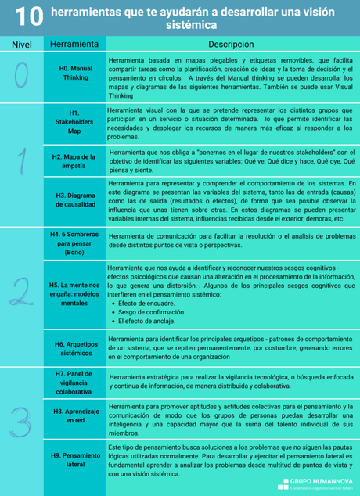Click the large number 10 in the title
pyautogui.click(x=27, y=16)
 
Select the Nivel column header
pyautogui.click(x=21, y=45)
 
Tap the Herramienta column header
pyautogui.click(x=74, y=45)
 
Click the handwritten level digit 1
pyautogui.click(x=23, y=160)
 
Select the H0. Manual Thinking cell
pyautogui.click(x=75, y=74)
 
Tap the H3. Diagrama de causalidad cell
pyautogui.click(x=75, y=199)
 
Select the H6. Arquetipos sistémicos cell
pyautogui.click(x=75, y=348)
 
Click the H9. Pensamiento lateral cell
pyautogui.click(x=75, y=459)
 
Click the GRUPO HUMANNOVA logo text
pyautogui.click(x=322, y=481)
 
